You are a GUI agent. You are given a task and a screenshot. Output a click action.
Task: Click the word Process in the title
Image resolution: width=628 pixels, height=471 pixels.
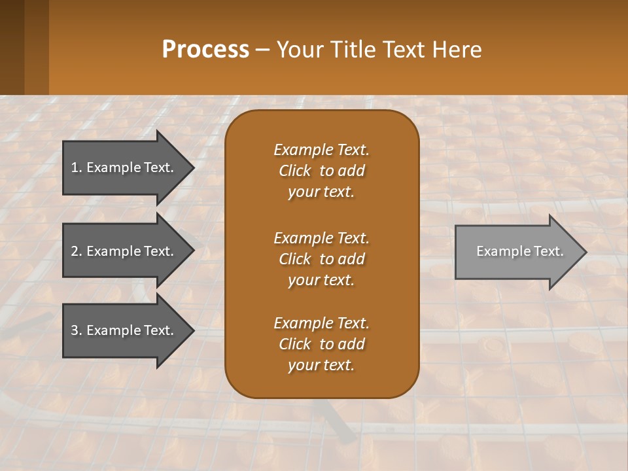click(x=205, y=50)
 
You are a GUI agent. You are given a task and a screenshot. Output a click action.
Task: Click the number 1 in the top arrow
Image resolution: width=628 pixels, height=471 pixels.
click(x=74, y=167)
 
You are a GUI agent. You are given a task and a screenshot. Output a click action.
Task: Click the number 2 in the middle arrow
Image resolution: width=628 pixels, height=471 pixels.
click(x=75, y=251)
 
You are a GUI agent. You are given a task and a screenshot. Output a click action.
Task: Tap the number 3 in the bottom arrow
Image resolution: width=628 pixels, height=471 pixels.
click(x=75, y=330)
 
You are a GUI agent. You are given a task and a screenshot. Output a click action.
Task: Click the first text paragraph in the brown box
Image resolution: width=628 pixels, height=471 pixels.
click(x=321, y=171)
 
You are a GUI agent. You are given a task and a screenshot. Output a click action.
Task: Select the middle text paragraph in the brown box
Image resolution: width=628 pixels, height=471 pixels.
click(x=321, y=259)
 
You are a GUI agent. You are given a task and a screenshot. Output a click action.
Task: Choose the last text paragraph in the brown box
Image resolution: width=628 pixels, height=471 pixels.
click(x=321, y=344)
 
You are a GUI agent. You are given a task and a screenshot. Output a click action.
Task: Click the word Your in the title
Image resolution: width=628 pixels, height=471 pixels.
click(x=300, y=50)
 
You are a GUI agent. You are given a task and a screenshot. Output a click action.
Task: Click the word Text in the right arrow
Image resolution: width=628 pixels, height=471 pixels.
click(x=548, y=251)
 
